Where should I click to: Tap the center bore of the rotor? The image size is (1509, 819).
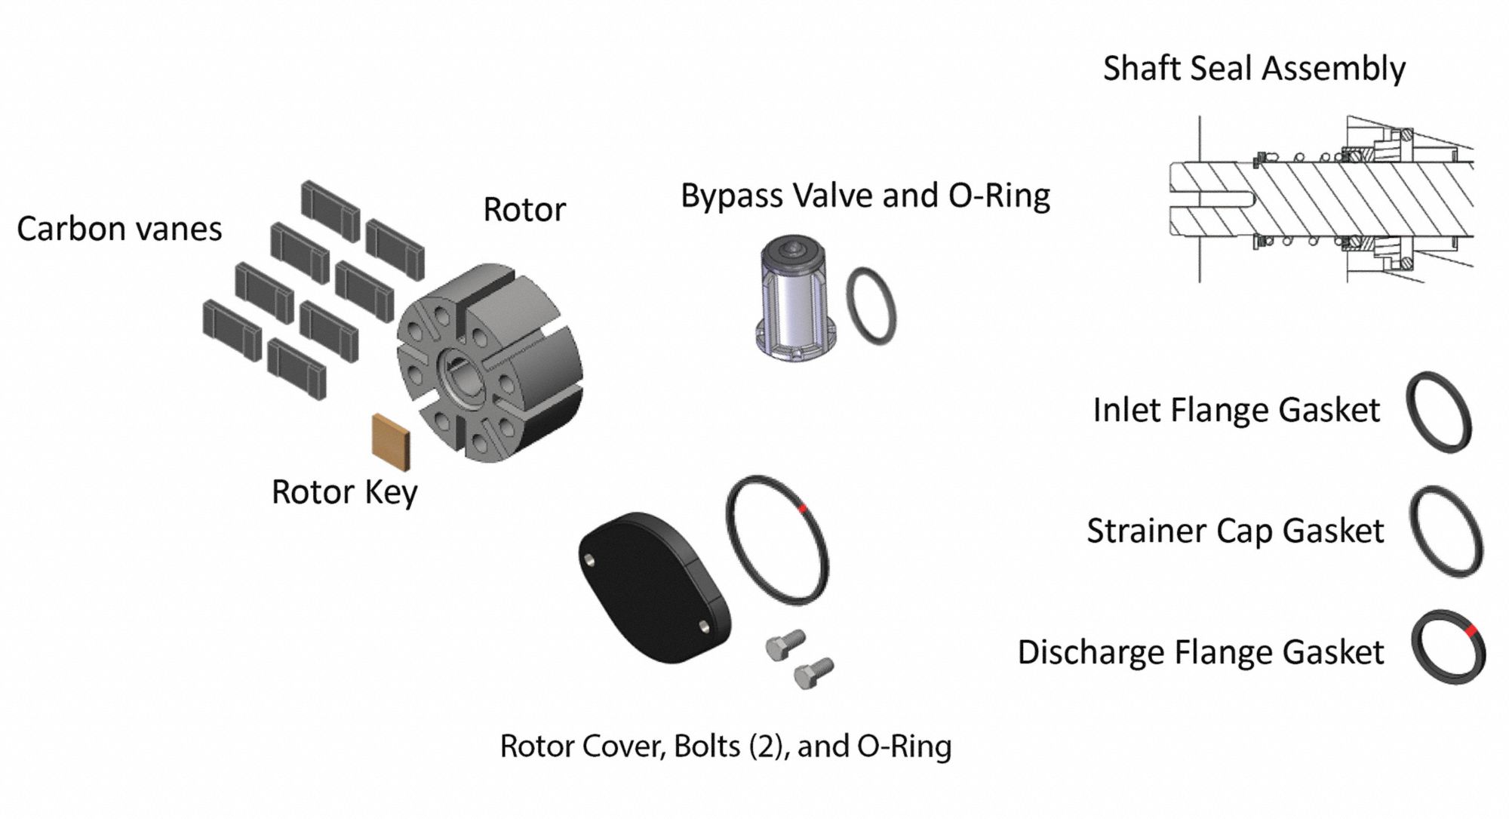(462, 373)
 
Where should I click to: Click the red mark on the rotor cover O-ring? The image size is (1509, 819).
(804, 508)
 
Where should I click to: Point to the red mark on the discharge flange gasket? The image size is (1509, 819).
(1471, 629)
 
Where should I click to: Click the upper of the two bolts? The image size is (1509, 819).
(785, 645)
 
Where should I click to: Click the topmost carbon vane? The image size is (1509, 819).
(330, 211)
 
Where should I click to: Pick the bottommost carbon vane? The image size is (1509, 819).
(297, 368)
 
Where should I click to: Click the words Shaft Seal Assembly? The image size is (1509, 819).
(1254, 69)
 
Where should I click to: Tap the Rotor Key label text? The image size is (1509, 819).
(344, 492)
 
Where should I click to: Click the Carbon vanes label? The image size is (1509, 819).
(119, 229)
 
